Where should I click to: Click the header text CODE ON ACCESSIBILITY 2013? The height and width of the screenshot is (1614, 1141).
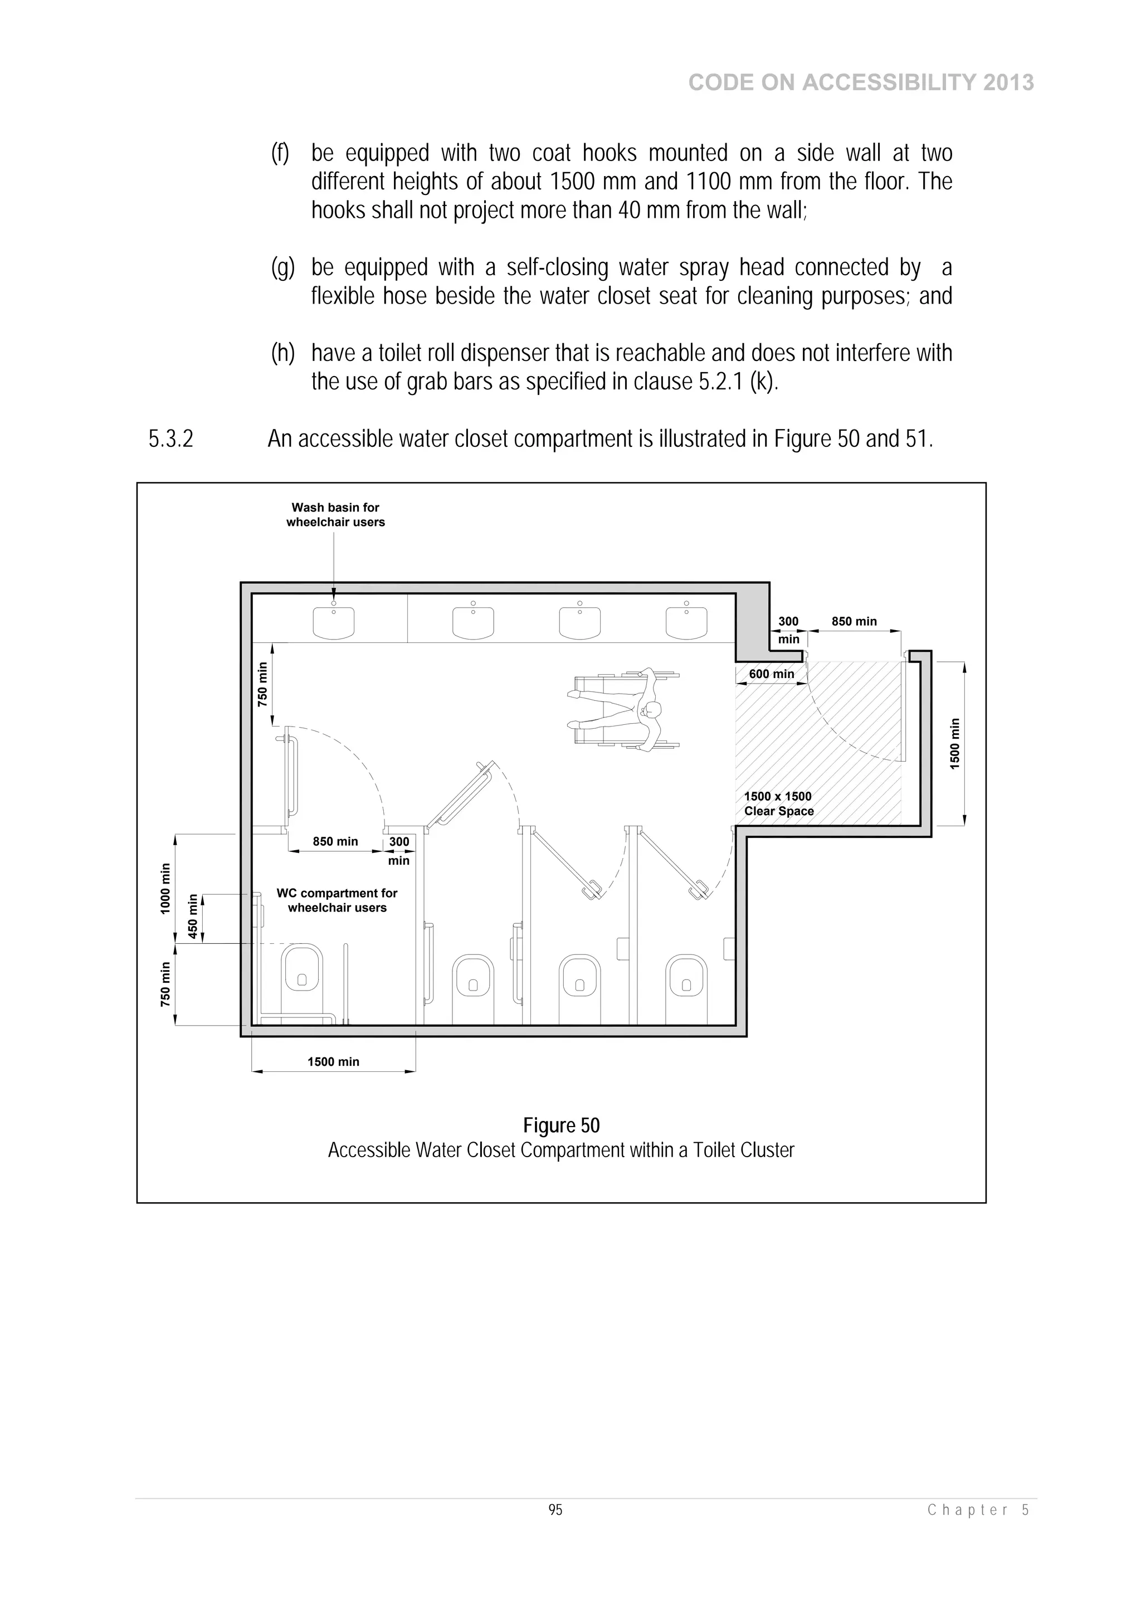pyautogui.click(x=861, y=83)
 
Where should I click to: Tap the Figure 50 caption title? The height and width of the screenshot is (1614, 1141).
pyautogui.click(x=561, y=1125)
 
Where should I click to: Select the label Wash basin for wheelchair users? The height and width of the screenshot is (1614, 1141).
pyautogui.click(x=335, y=515)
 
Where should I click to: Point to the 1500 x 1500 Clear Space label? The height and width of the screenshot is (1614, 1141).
pyautogui.click(x=778, y=803)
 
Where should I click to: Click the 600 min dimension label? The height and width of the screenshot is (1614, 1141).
pyautogui.click(x=771, y=674)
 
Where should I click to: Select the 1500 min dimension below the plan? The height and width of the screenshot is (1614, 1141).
pyautogui.click(x=333, y=1061)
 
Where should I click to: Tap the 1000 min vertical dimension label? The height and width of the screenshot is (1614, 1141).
pyautogui.click(x=166, y=888)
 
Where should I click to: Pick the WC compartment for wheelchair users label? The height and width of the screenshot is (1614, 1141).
pyautogui.click(x=337, y=900)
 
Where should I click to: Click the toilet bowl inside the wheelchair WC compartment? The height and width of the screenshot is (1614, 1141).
pyautogui.click(x=303, y=970)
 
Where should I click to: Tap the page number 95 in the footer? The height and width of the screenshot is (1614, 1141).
pyautogui.click(x=555, y=1510)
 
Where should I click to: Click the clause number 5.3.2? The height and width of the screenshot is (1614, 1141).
pyautogui.click(x=171, y=438)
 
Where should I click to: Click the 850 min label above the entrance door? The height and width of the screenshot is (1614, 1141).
pyautogui.click(x=854, y=621)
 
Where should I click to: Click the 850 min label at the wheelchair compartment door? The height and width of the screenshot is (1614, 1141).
pyautogui.click(x=335, y=841)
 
